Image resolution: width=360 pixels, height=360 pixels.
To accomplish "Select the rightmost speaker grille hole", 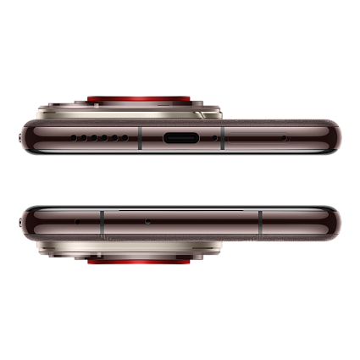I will pyautogui.click(x=118, y=136).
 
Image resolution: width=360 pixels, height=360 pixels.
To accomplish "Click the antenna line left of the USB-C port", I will pyautogui.click(x=139, y=136).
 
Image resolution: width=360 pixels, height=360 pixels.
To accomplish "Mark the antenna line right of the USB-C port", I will pyautogui.click(x=221, y=136).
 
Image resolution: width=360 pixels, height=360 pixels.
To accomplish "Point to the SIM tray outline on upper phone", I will pyautogui.click(x=254, y=136).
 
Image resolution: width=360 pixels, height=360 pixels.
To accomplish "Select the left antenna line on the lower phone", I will pyautogui.click(x=102, y=222).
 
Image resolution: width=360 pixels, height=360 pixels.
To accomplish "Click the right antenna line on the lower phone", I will pyautogui.click(x=260, y=222).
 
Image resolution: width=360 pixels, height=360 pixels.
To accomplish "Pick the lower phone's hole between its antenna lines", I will pyautogui.click(x=148, y=221).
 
